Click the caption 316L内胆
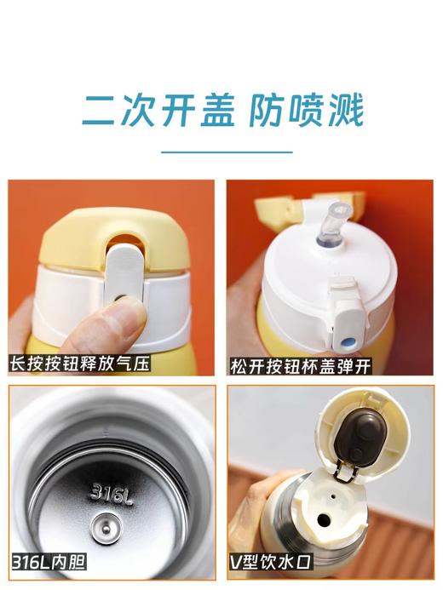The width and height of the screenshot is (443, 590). (49, 562)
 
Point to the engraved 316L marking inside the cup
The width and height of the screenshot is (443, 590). (112, 492)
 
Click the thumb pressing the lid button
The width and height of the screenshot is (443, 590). (119, 324)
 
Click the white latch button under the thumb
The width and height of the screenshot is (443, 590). (122, 277)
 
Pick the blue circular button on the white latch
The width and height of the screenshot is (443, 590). (346, 342)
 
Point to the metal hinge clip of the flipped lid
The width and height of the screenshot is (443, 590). (342, 471)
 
